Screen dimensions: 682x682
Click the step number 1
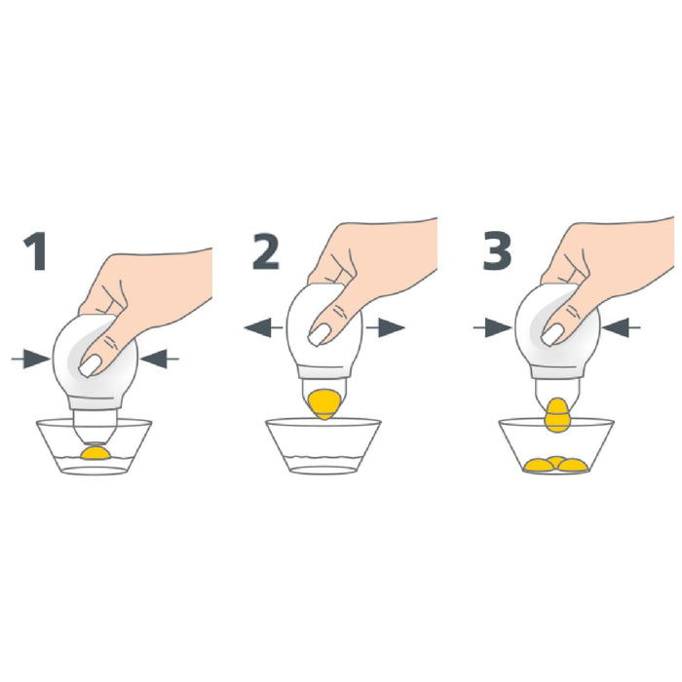coord(36,251)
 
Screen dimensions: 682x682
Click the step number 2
coord(266,251)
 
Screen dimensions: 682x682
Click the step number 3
coord(497,251)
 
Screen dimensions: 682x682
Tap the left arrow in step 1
coord(30,359)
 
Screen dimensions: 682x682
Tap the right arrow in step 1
coord(159,359)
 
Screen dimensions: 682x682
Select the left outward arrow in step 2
coord(264,327)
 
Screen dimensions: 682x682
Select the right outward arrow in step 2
coord(386,327)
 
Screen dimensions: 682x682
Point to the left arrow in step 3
coord(492,327)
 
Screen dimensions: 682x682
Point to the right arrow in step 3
coord(622,327)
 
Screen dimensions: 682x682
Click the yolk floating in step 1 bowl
coord(95,452)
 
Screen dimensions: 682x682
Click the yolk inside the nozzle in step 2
coord(324,404)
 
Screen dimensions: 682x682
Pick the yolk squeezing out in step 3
coord(557,415)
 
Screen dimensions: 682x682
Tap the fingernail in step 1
coord(91,365)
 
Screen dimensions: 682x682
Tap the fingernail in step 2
coord(320,335)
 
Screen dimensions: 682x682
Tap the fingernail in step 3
coord(552,335)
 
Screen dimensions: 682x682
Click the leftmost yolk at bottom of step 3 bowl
coord(539,466)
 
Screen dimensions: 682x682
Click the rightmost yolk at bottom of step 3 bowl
coord(573,466)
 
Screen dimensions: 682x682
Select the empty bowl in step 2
coord(323,446)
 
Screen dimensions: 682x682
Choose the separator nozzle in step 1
coord(95,426)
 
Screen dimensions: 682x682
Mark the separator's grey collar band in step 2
coord(324,372)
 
